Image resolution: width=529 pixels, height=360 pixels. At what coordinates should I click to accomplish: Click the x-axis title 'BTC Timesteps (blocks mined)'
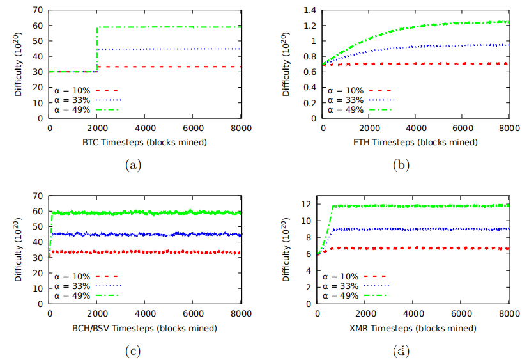coord(144,143)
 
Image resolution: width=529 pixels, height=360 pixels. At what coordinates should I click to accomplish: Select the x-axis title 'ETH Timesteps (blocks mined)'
coord(415,143)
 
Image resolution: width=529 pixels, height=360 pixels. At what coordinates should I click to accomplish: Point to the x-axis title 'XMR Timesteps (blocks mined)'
coord(414,328)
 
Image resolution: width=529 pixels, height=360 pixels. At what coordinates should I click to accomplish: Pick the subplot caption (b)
coord(401,165)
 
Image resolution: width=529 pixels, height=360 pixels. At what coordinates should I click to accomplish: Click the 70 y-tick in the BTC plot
coord(38,10)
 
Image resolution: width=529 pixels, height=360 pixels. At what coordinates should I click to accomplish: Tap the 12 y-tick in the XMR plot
coord(309,204)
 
